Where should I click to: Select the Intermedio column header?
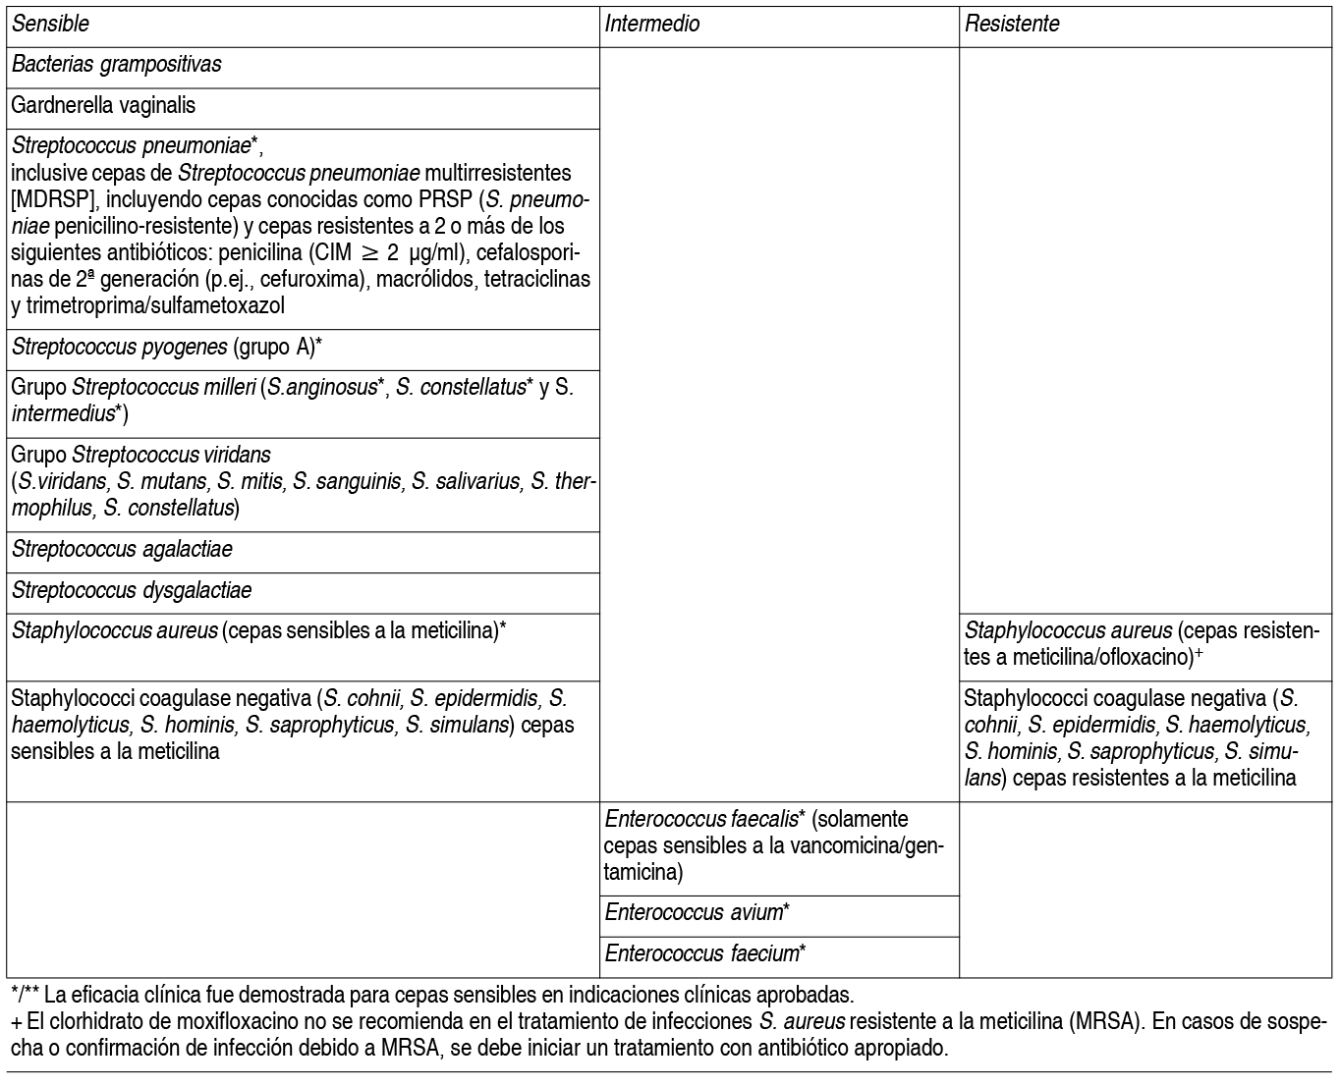(652, 24)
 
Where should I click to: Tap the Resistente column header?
(1012, 24)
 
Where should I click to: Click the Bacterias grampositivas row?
(117, 65)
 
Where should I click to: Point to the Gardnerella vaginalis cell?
(103, 105)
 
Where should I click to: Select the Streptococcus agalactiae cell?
(122, 549)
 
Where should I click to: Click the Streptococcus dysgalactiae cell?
(132, 590)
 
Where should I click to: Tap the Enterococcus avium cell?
(697, 912)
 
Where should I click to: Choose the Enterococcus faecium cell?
(705, 952)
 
